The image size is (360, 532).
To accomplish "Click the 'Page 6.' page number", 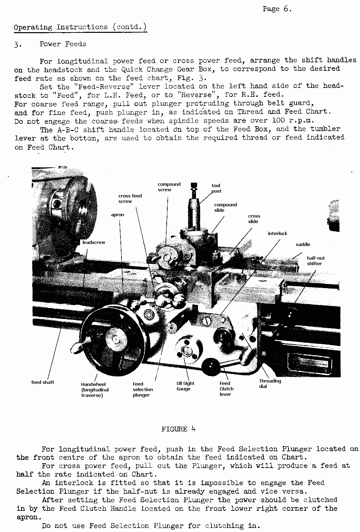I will [277, 9].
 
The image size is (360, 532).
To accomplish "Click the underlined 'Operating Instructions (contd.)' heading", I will [80, 27].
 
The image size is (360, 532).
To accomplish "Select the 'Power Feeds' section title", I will [63, 44].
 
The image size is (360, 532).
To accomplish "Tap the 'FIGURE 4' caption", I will [178, 429].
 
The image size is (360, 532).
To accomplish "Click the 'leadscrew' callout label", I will [94, 243].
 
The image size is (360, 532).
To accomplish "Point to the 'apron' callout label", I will [117, 215].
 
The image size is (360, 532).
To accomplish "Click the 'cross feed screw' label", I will [130, 199].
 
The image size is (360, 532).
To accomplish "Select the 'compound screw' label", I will [169, 187].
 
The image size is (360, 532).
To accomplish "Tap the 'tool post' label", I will [216, 189].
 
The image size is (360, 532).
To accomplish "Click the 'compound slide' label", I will [226, 208].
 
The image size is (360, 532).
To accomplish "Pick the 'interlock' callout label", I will [278, 234].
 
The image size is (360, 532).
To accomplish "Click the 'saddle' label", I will [303, 245].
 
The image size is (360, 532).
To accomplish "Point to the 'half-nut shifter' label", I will [316, 261].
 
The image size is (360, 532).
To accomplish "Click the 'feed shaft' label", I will [43, 382].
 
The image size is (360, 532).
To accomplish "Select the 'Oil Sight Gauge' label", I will [185, 386].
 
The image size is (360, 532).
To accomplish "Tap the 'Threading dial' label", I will [270, 384].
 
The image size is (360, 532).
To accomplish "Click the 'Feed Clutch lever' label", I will [227, 389].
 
